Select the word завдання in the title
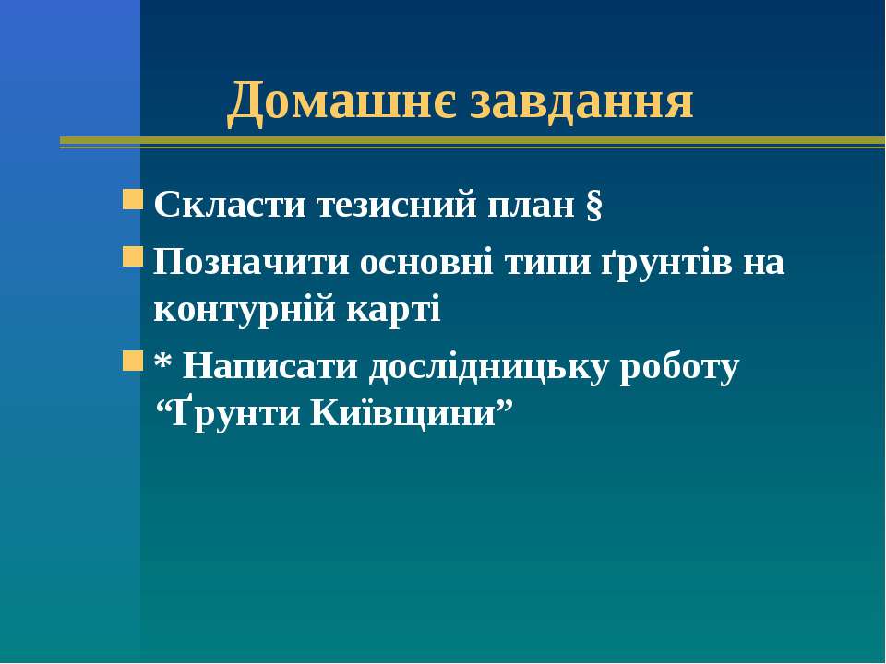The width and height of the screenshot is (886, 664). pyautogui.click(x=581, y=102)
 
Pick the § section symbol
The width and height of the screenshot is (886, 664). pyautogui.click(x=593, y=206)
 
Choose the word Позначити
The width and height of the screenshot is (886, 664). pyautogui.click(x=251, y=262)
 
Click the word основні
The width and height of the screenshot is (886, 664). pyautogui.click(x=426, y=262)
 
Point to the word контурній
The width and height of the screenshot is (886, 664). pyautogui.click(x=244, y=310)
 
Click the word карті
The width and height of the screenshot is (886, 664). pyautogui.click(x=393, y=311)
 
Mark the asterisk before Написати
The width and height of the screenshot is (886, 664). pyautogui.click(x=162, y=361)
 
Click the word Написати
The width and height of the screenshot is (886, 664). pyautogui.click(x=270, y=367)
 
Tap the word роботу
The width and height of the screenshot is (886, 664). pyautogui.click(x=679, y=369)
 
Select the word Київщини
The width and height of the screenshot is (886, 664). pyautogui.click(x=404, y=414)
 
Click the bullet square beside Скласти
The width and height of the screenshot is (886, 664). pyautogui.click(x=133, y=199)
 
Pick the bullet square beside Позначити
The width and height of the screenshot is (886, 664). pyautogui.click(x=133, y=257)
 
